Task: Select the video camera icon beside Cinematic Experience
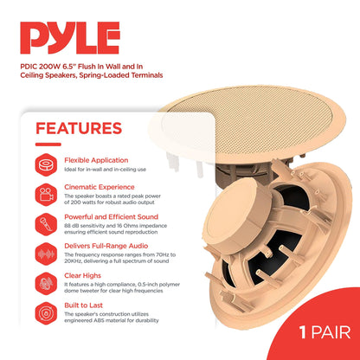45,194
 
